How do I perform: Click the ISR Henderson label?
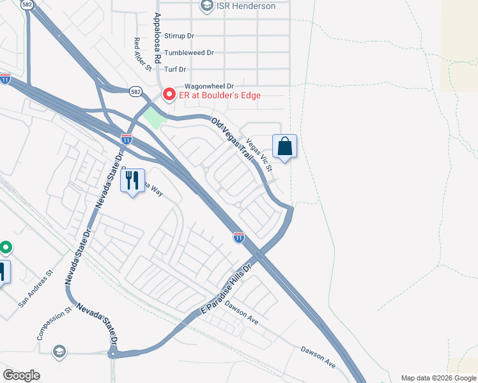(x=246, y=6)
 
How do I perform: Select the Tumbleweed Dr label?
(x=189, y=54)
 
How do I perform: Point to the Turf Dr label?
(x=174, y=70)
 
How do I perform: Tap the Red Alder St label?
(x=142, y=54)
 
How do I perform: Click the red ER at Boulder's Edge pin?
(x=169, y=94)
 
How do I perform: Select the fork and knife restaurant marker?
(x=133, y=181)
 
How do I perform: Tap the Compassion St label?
(x=53, y=324)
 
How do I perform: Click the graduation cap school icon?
(x=59, y=352)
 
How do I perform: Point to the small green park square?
(x=153, y=117)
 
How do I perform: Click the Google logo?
(x=21, y=375)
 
